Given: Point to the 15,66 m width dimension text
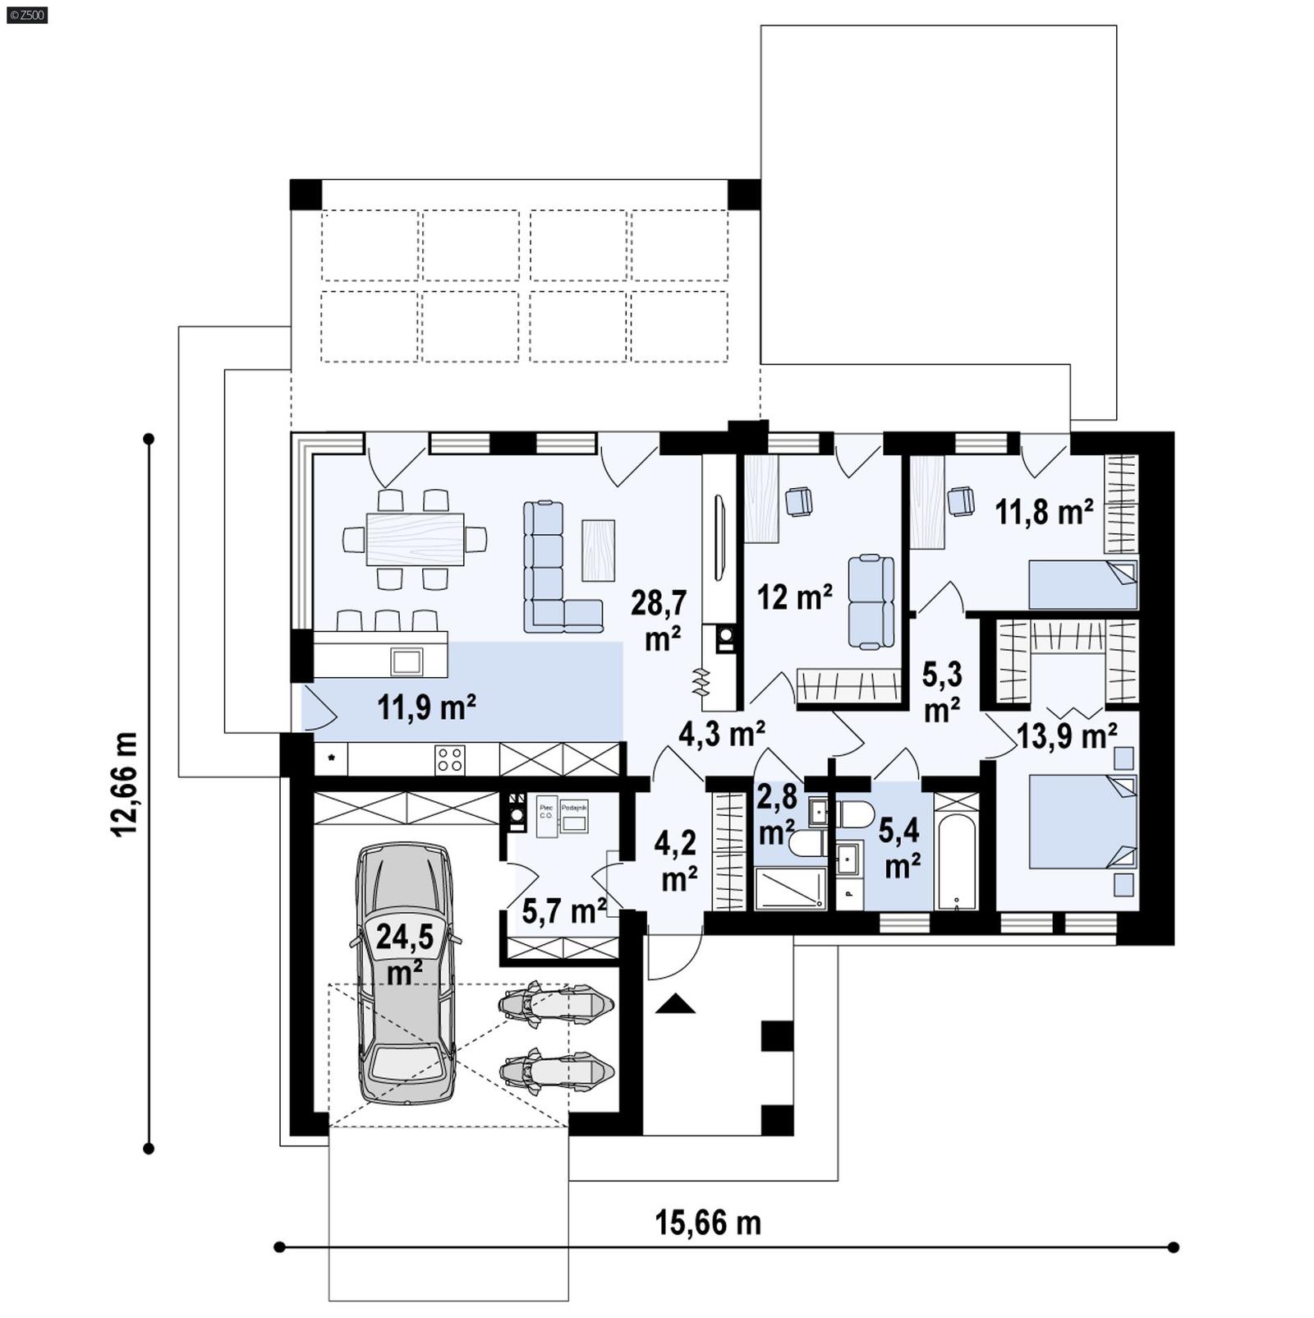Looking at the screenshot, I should click(708, 1222).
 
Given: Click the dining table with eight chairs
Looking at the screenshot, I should click(415, 539).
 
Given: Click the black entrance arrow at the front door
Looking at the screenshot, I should click(675, 1003).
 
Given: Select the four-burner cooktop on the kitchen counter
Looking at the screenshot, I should click(449, 758).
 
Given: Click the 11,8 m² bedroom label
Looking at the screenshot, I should click(1044, 512).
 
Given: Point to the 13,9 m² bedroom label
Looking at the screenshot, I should click(1066, 735).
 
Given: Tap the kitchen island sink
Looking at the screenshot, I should click(407, 661).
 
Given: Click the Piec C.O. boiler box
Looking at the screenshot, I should click(546, 815).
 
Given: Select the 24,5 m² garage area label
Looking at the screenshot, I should click(404, 952).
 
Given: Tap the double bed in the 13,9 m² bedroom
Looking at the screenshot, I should click(1082, 822).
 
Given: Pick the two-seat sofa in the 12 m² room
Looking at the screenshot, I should click(871, 601).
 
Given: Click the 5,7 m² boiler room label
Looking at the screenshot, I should click(563, 910).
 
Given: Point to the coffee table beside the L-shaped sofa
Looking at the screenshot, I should click(598, 550).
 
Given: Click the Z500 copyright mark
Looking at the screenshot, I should click(26, 14).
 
